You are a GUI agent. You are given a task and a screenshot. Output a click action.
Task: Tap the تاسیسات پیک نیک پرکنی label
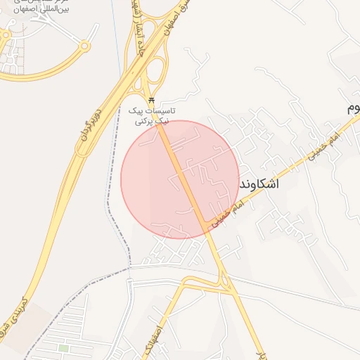tap(155, 116)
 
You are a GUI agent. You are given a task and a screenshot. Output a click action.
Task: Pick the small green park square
tap(63, 348)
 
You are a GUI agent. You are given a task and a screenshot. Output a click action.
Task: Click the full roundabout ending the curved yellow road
tap(85, 46)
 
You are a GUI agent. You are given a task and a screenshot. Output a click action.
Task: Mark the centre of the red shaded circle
tap(180, 179)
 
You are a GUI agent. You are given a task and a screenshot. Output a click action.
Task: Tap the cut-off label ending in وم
tap(352, 109)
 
